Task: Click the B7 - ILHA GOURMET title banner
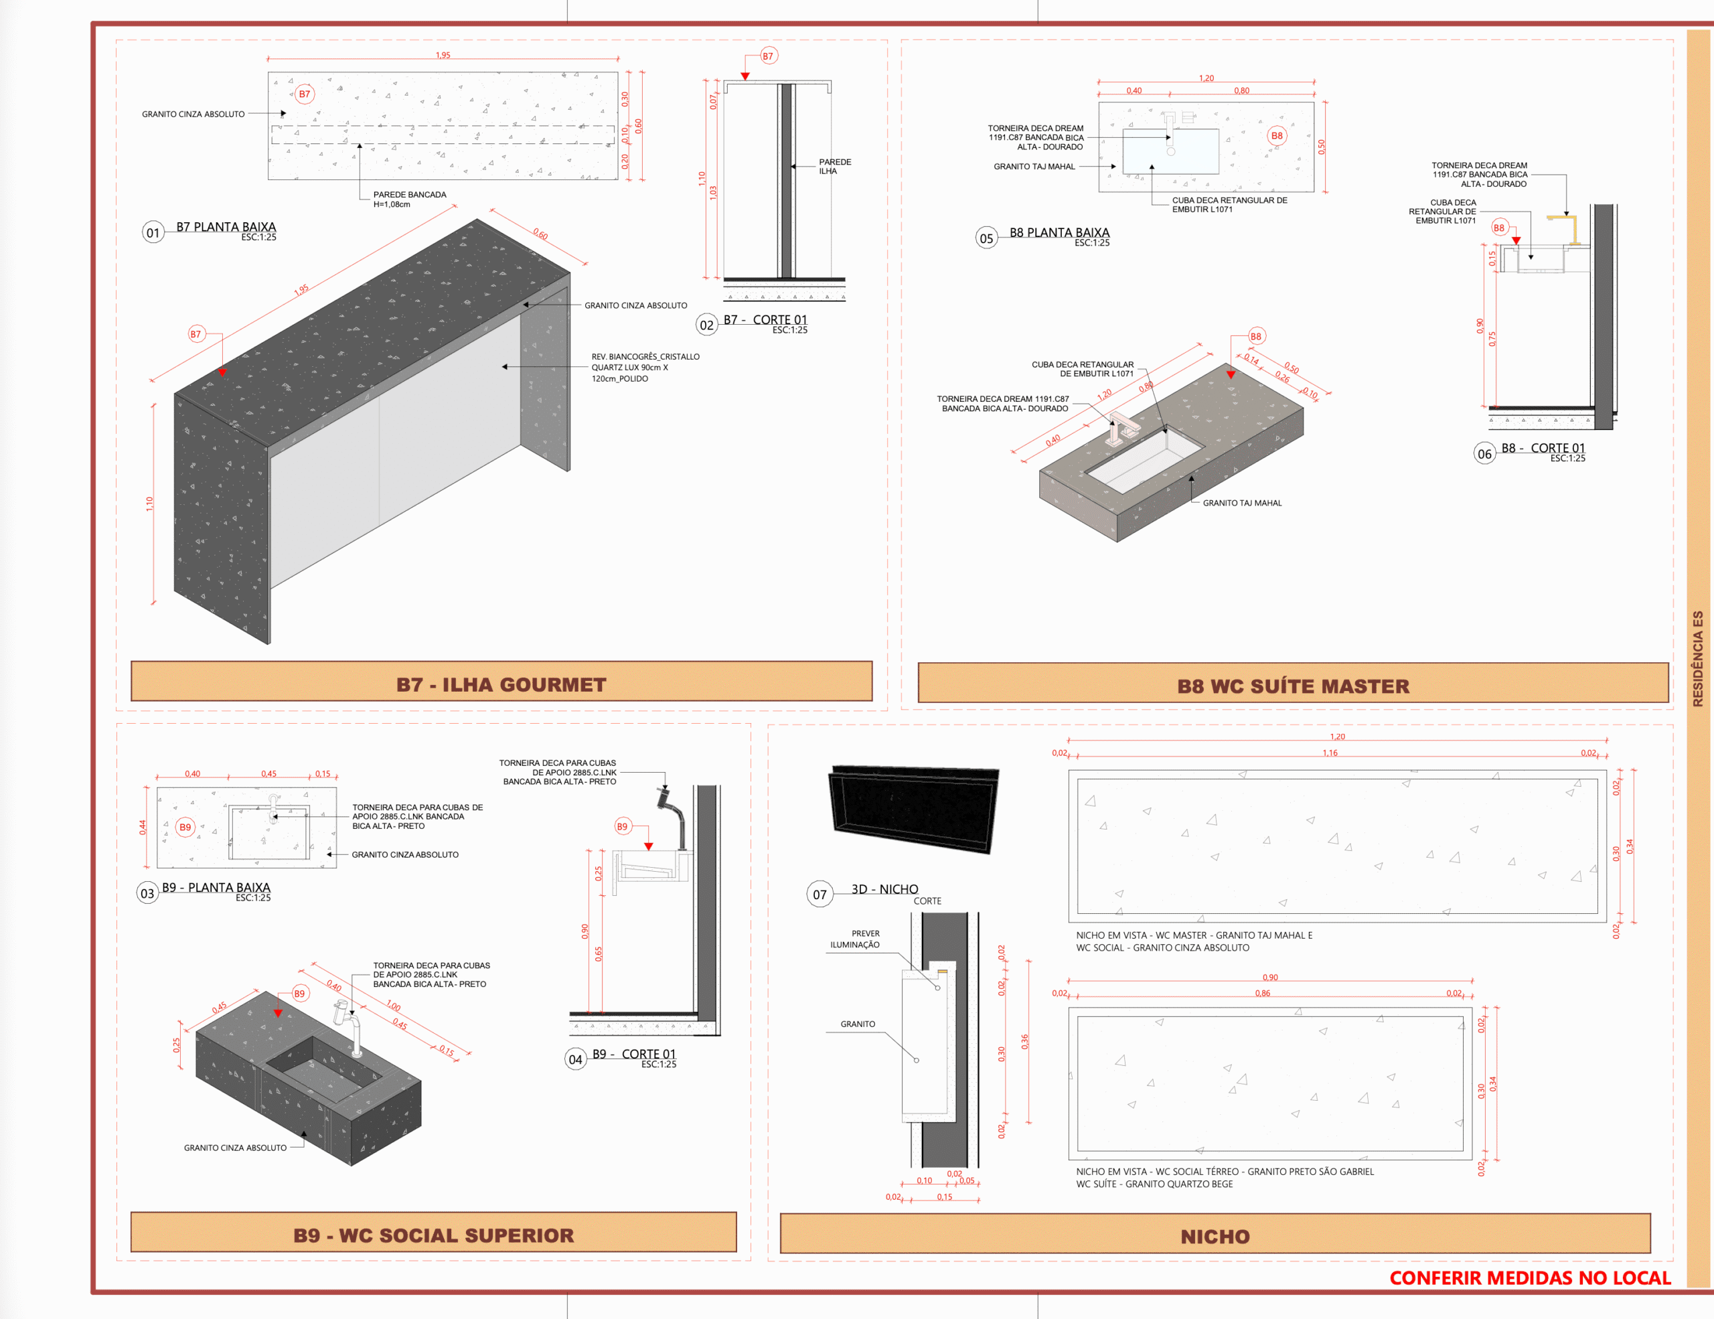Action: point(501,681)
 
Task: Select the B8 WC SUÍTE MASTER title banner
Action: point(1293,683)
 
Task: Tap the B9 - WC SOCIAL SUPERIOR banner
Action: point(433,1232)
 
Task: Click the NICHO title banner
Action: point(1215,1233)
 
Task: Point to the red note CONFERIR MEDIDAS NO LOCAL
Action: point(1530,1278)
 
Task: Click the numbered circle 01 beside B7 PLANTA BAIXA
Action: point(153,232)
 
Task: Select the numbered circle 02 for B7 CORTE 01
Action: point(707,325)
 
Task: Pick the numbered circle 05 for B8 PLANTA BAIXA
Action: point(986,238)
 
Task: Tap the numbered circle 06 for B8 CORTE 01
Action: point(1484,453)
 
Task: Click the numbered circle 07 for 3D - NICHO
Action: point(820,895)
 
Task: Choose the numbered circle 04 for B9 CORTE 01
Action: point(575,1059)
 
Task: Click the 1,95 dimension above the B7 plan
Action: point(443,55)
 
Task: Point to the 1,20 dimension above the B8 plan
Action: point(1206,78)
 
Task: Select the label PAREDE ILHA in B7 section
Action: point(835,166)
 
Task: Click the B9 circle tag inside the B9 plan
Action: point(185,827)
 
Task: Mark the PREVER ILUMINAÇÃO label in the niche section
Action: point(856,939)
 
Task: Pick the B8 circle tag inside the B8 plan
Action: point(1277,136)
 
